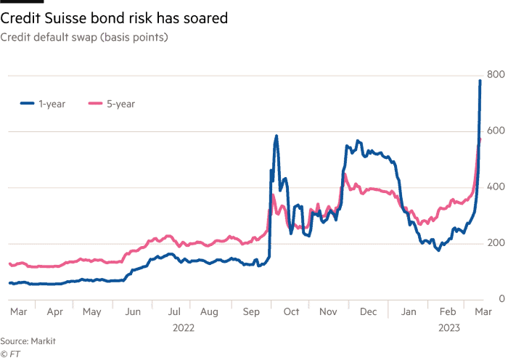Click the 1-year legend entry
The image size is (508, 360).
pyautogui.click(x=43, y=104)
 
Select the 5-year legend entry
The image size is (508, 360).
pyautogui.click(x=112, y=104)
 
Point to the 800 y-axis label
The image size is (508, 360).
pyautogui.click(x=496, y=75)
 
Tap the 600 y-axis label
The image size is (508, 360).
pyautogui.click(x=496, y=131)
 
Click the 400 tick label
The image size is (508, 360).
pyautogui.click(x=496, y=187)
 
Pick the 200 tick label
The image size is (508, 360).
pyautogui.click(x=496, y=242)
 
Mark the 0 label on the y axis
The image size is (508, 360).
pyautogui.click(x=501, y=298)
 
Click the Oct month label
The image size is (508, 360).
pyautogui.click(x=291, y=311)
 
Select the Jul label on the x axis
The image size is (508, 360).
pyautogui.click(x=174, y=311)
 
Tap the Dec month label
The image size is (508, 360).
pyautogui.click(x=368, y=311)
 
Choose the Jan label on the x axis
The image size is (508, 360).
pyautogui.click(x=409, y=311)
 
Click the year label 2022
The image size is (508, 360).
pyautogui.click(x=184, y=328)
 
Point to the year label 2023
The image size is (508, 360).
pyautogui.click(x=449, y=328)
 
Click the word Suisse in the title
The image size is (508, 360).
pyautogui.click(x=65, y=18)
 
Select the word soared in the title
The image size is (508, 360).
pyautogui.click(x=205, y=18)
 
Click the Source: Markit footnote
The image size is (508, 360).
pyautogui.click(x=28, y=341)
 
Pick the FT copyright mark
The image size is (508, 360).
pyautogui.click(x=10, y=354)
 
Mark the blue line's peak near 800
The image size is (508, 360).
pyautogui.click(x=480, y=81)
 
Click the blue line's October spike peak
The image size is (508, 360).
pyautogui.click(x=276, y=136)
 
